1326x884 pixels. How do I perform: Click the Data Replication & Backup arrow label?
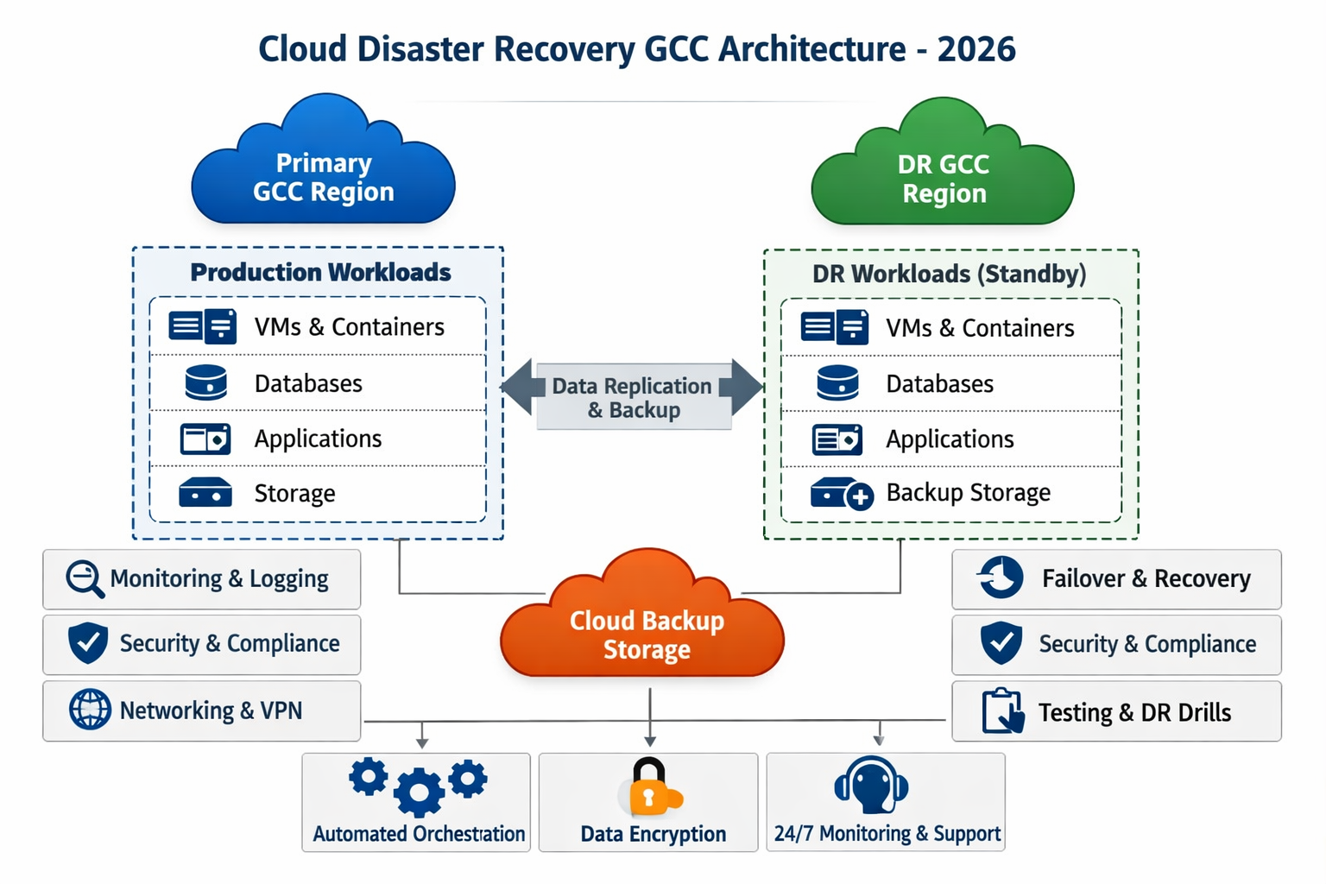(x=633, y=397)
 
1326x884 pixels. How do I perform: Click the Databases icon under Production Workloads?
(x=205, y=382)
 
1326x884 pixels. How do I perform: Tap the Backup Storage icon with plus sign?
(x=841, y=494)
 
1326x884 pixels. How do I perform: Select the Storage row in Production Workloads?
(x=318, y=494)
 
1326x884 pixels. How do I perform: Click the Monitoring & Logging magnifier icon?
(x=85, y=578)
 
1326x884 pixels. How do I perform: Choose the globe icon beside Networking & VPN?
(x=90, y=710)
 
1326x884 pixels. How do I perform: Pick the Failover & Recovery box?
(x=1115, y=578)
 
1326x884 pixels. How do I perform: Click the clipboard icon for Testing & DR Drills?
(x=1002, y=711)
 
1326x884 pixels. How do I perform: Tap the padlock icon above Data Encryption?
(x=649, y=786)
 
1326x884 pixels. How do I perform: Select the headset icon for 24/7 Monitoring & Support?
(x=871, y=785)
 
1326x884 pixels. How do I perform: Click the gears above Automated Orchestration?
(x=419, y=785)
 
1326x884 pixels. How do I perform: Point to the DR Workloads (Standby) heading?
(x=949, y=274)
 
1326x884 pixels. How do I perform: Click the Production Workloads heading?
(x=320, y=272)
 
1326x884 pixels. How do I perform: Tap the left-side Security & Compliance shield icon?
(x=88, y=643)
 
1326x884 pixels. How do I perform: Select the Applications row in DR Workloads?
(x=950, y=439)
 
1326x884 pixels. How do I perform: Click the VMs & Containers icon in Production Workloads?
(x=203, y=326)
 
